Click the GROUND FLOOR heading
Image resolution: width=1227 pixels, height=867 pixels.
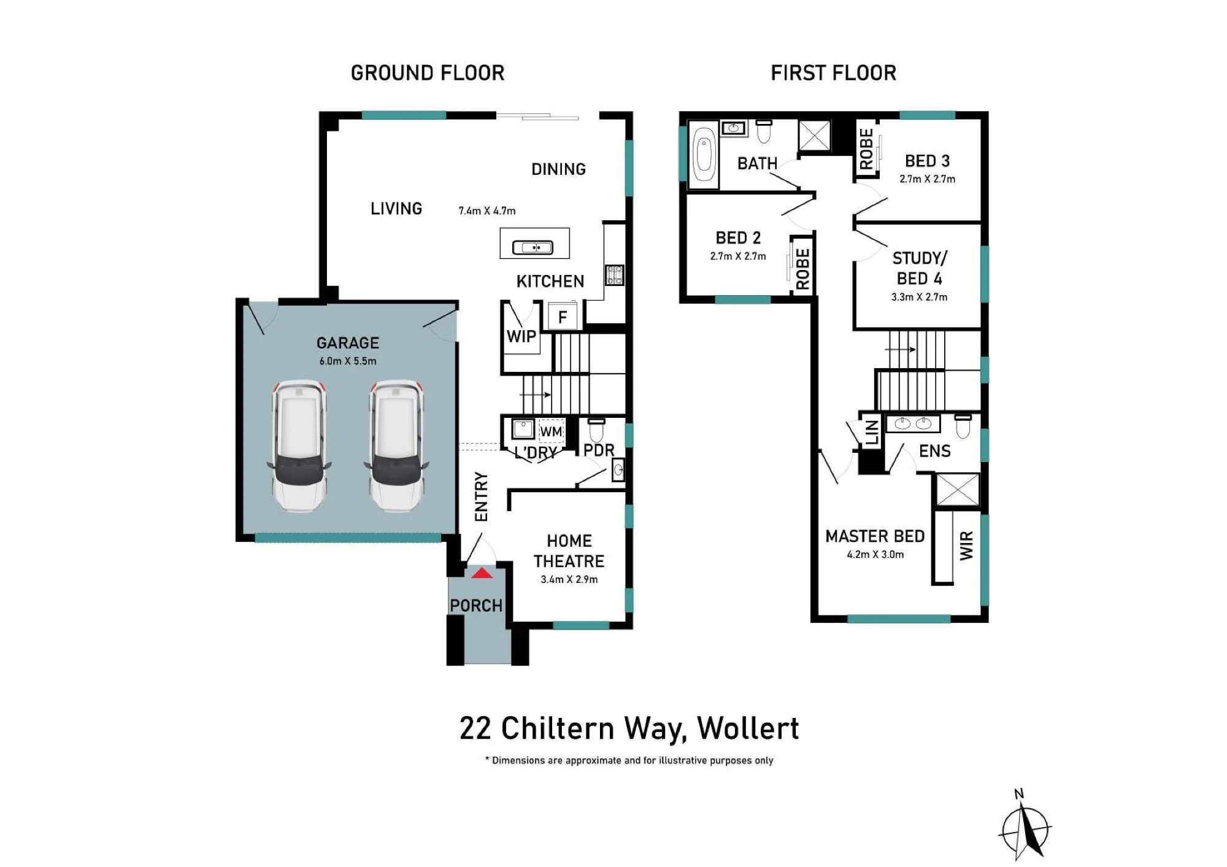[x=428, y=73]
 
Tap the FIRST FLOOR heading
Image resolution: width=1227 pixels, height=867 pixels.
[x=833, y=73]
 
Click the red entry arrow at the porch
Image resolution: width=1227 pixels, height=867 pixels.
[x=482, y=573]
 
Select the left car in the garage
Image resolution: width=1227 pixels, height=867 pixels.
[x=299, y=446]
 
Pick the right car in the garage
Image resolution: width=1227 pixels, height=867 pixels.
[x=396, y=446]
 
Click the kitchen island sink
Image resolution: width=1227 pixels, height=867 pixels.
[x=533, y=247]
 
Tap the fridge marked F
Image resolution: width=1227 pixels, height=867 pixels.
[x=562, y=317]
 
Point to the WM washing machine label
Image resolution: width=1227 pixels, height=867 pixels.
[x=551, y=431]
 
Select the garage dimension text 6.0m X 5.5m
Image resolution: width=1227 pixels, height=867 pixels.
[x=348, y=361]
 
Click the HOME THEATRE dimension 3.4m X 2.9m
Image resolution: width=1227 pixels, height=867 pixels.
[x=569, y=579]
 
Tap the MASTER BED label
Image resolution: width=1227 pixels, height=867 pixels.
[x=875, y=536]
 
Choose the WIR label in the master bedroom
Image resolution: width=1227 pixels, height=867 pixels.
[x=966, y=545]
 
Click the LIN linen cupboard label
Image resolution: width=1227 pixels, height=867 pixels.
[x=872, y=432]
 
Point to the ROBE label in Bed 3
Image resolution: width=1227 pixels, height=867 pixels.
[x=866, y=148]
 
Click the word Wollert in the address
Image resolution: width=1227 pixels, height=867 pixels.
[x=748, y=729]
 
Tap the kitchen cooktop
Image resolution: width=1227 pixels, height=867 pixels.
[x=615, y=275]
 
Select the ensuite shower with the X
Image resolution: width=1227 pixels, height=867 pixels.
[x=957, y=490]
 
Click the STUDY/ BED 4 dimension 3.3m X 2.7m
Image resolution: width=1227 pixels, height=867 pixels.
[x=919, y=297]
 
